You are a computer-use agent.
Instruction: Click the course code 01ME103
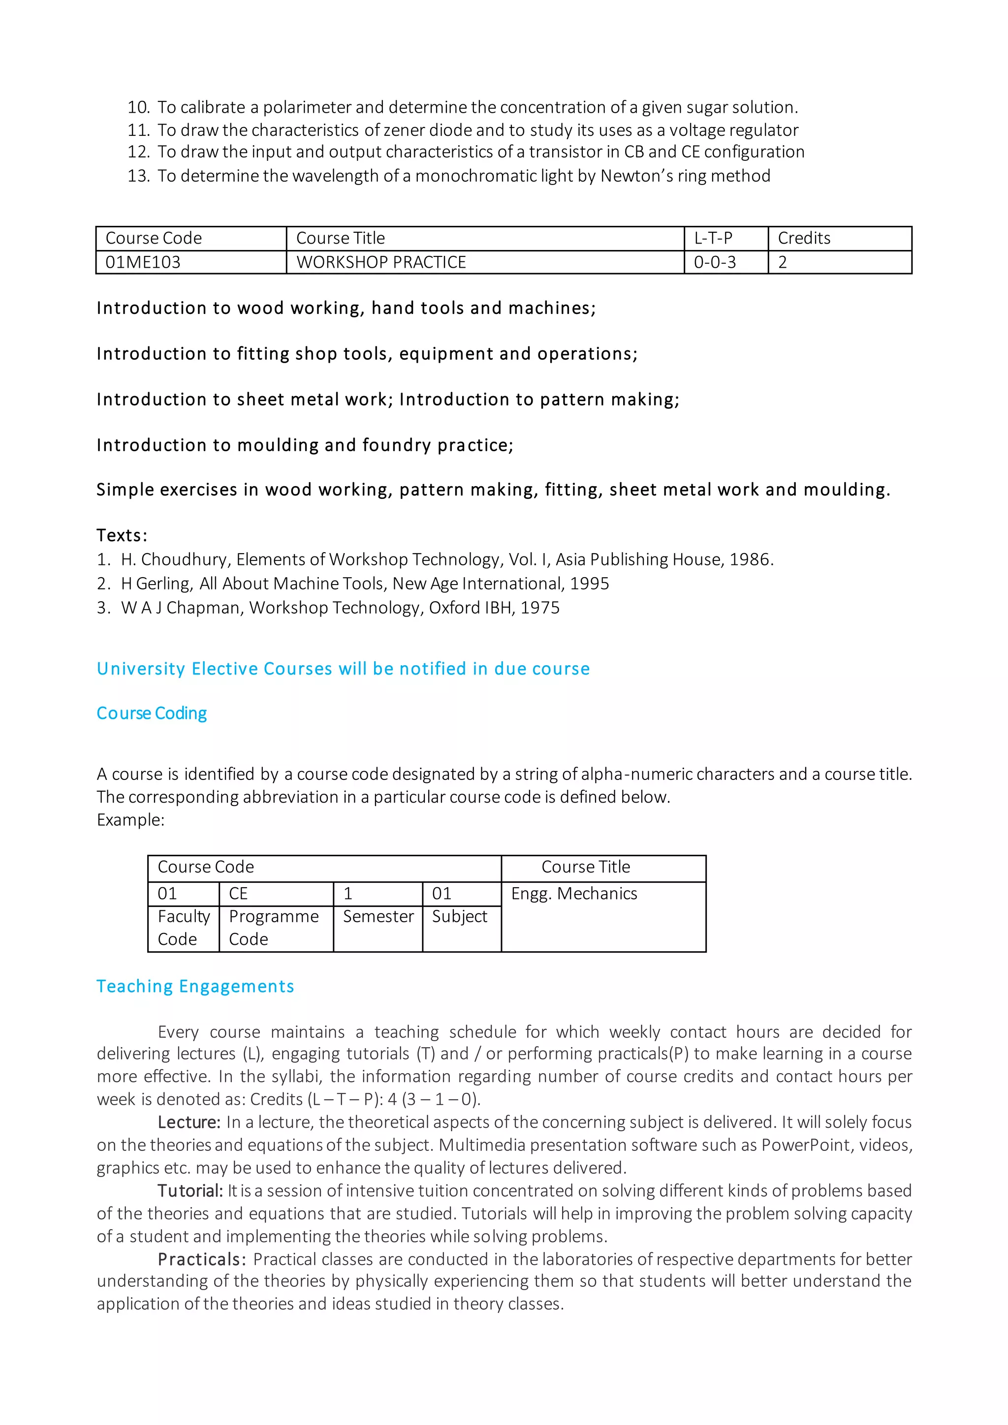(x=143, y=263)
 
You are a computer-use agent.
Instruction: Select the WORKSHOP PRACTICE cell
(x=381, y=263)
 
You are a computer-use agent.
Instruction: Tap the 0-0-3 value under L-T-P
(x=715, y=263)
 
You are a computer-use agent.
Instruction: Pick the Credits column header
(x=804, y=238)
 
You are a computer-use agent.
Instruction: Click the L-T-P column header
(x=713, y=238)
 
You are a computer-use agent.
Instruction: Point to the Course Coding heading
(x=152, y=713)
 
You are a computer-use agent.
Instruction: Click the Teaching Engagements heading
(x=195, y=986)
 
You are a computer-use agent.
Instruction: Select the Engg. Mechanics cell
(x=574, y=894)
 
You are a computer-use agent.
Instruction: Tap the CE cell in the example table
(x=238, y=894)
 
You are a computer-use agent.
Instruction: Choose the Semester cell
(x=378, y=917)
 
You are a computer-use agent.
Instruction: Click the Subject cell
(x=460, y=917)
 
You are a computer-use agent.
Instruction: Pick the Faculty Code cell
(x=183, y=928)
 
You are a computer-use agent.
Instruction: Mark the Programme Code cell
(x=274, y=928)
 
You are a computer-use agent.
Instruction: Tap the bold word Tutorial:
(x=190, y=1191)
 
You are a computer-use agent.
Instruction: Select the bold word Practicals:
(x=202, y=1259)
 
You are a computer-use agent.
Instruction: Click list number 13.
(x=138, y=176)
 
